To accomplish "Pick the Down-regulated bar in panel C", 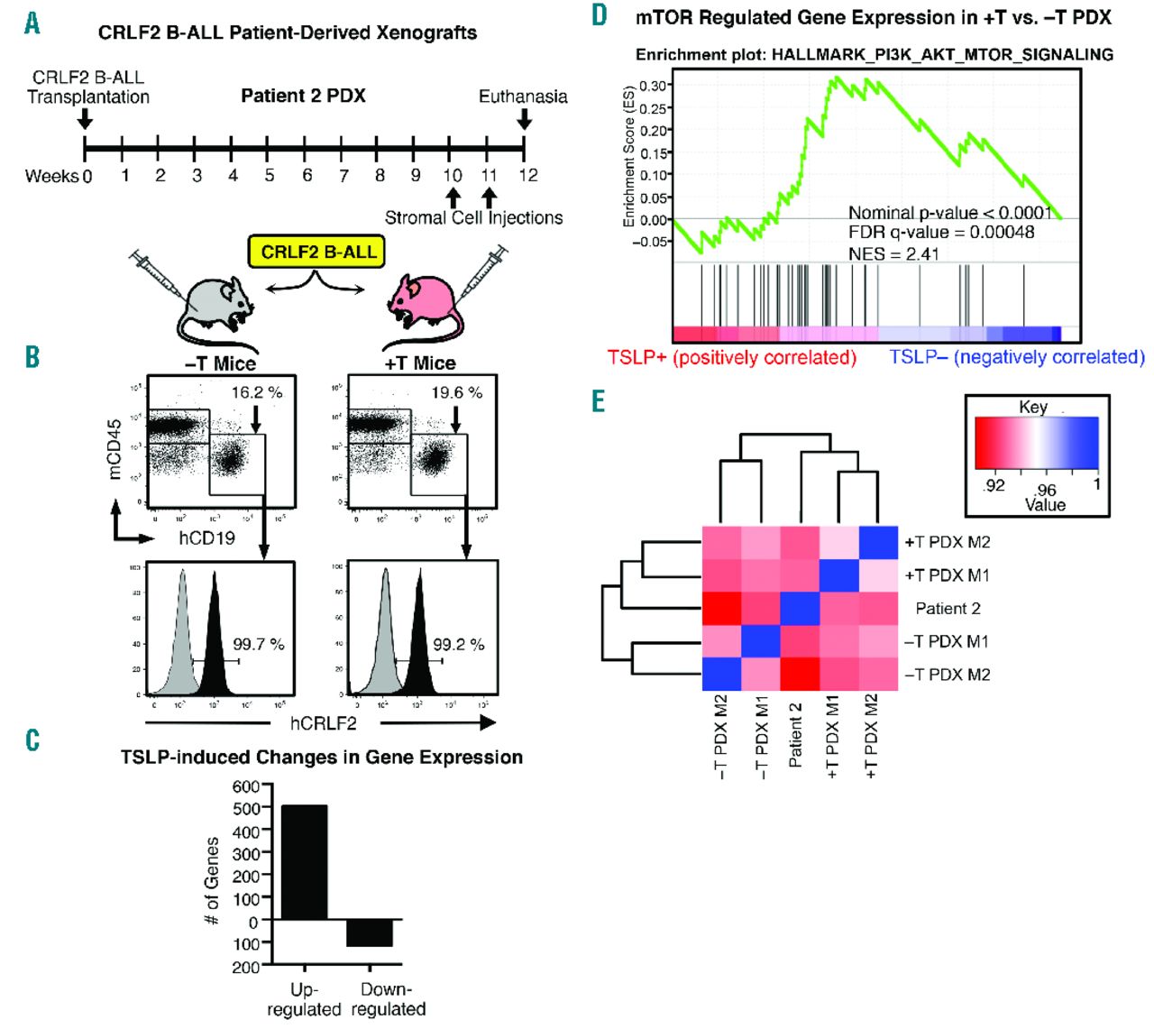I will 370,933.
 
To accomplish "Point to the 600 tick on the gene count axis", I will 246,786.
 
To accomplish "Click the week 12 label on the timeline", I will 527,175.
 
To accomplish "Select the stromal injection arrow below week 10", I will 453,197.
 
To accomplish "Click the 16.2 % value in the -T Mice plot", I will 257,392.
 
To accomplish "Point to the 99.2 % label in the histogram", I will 458,645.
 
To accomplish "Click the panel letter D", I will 600,15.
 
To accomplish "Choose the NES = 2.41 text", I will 893,253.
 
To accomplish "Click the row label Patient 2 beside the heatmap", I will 948,609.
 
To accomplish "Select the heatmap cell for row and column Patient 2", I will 801,609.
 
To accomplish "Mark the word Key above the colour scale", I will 1032,407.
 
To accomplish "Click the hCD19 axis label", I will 206,538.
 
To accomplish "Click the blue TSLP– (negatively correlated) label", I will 1016,357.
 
